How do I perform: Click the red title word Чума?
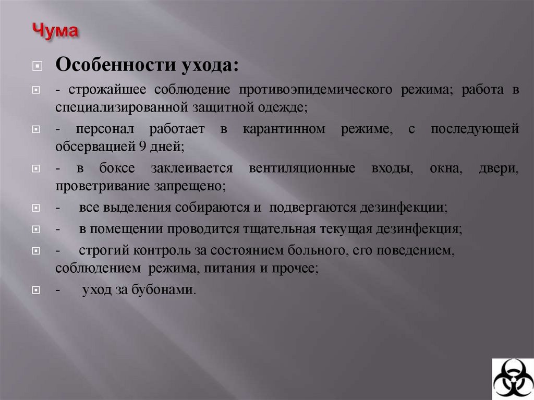coord(56,30)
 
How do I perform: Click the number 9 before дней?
coord(142,147)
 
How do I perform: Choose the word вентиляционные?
coord(302,169)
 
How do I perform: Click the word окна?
coord(444,169)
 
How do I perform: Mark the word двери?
coord(499,169)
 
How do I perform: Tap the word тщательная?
coord(275,228)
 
